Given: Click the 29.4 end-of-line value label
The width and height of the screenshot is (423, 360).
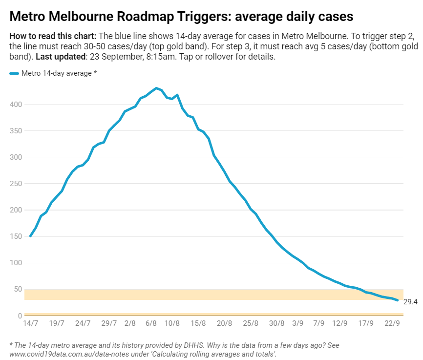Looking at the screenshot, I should (x=411, y=302).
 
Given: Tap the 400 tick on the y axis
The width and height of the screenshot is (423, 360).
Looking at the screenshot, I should (x=16, y=105).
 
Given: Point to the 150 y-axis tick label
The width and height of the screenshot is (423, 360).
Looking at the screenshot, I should (x=16, y=236).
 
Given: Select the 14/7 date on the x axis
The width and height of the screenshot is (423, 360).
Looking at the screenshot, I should (x=30, y=323).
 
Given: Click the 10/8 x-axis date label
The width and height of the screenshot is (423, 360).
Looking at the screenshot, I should (x=172, y=323).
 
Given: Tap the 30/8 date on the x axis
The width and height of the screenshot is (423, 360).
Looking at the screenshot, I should (x=276, y=323).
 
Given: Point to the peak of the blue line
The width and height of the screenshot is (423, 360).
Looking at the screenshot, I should (x=156, y=88).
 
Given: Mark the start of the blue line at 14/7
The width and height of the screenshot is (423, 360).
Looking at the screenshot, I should (x=30, y=236).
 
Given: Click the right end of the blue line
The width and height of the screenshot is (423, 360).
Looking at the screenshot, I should (x=398, y=300).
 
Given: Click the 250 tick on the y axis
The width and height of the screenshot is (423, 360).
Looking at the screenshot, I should (x=16, y=184).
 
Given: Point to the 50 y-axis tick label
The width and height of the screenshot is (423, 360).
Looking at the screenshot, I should (x=18, y=289).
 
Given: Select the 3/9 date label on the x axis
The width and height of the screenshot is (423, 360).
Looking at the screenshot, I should (x=297, y=323).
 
